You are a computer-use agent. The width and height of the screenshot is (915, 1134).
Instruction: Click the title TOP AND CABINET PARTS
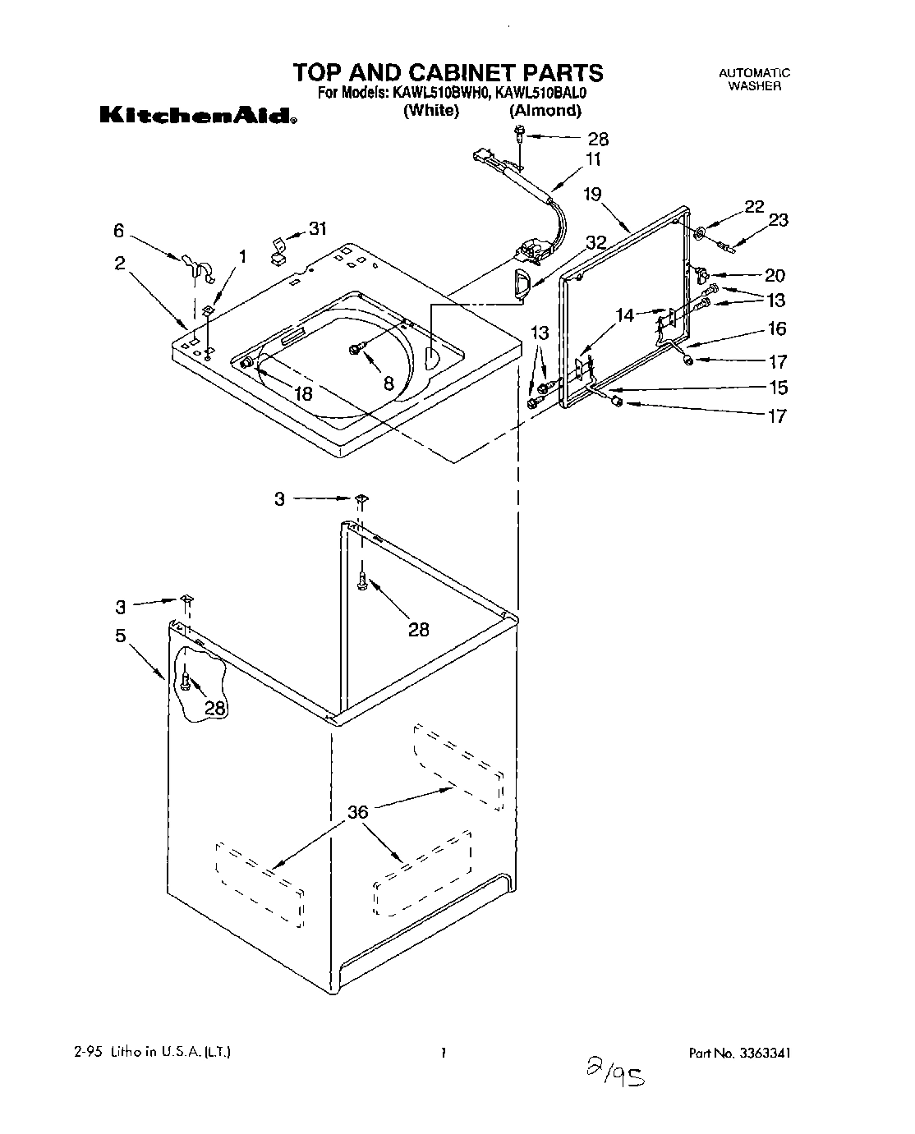tap(448, 72)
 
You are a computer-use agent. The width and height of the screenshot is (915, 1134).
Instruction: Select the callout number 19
tap(592, 195)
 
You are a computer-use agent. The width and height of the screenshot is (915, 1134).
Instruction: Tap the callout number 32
tap(596, 242)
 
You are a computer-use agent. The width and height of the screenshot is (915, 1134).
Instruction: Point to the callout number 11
tap(592, 159)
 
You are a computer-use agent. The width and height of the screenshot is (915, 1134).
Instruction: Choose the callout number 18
tap(303, 393)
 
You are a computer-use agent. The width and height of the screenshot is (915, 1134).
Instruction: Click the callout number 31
tap(317, 228)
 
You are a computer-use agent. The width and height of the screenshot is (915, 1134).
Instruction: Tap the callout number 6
tap(119, 232)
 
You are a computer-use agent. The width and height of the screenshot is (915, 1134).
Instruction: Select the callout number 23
tap(778, 219)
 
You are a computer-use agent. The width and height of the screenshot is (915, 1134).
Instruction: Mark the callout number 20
tap(775, 275)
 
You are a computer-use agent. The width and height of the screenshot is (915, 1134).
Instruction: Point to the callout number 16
tap(776, 328)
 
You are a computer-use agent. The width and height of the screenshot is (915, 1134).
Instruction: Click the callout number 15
tap(775, 387)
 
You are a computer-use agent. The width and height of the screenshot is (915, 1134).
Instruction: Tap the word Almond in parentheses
tap(545, 111)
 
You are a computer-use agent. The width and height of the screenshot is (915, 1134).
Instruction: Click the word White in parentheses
tap(430, 111)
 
